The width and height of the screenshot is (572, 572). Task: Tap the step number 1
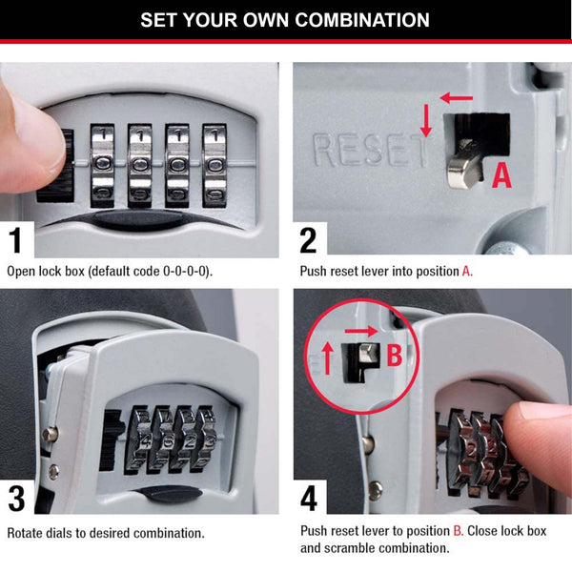point(19,239)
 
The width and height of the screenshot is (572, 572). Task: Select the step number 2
point(308,239)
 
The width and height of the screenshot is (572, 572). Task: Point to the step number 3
point(19,499)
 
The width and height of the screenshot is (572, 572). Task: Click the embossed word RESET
point(367,150)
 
